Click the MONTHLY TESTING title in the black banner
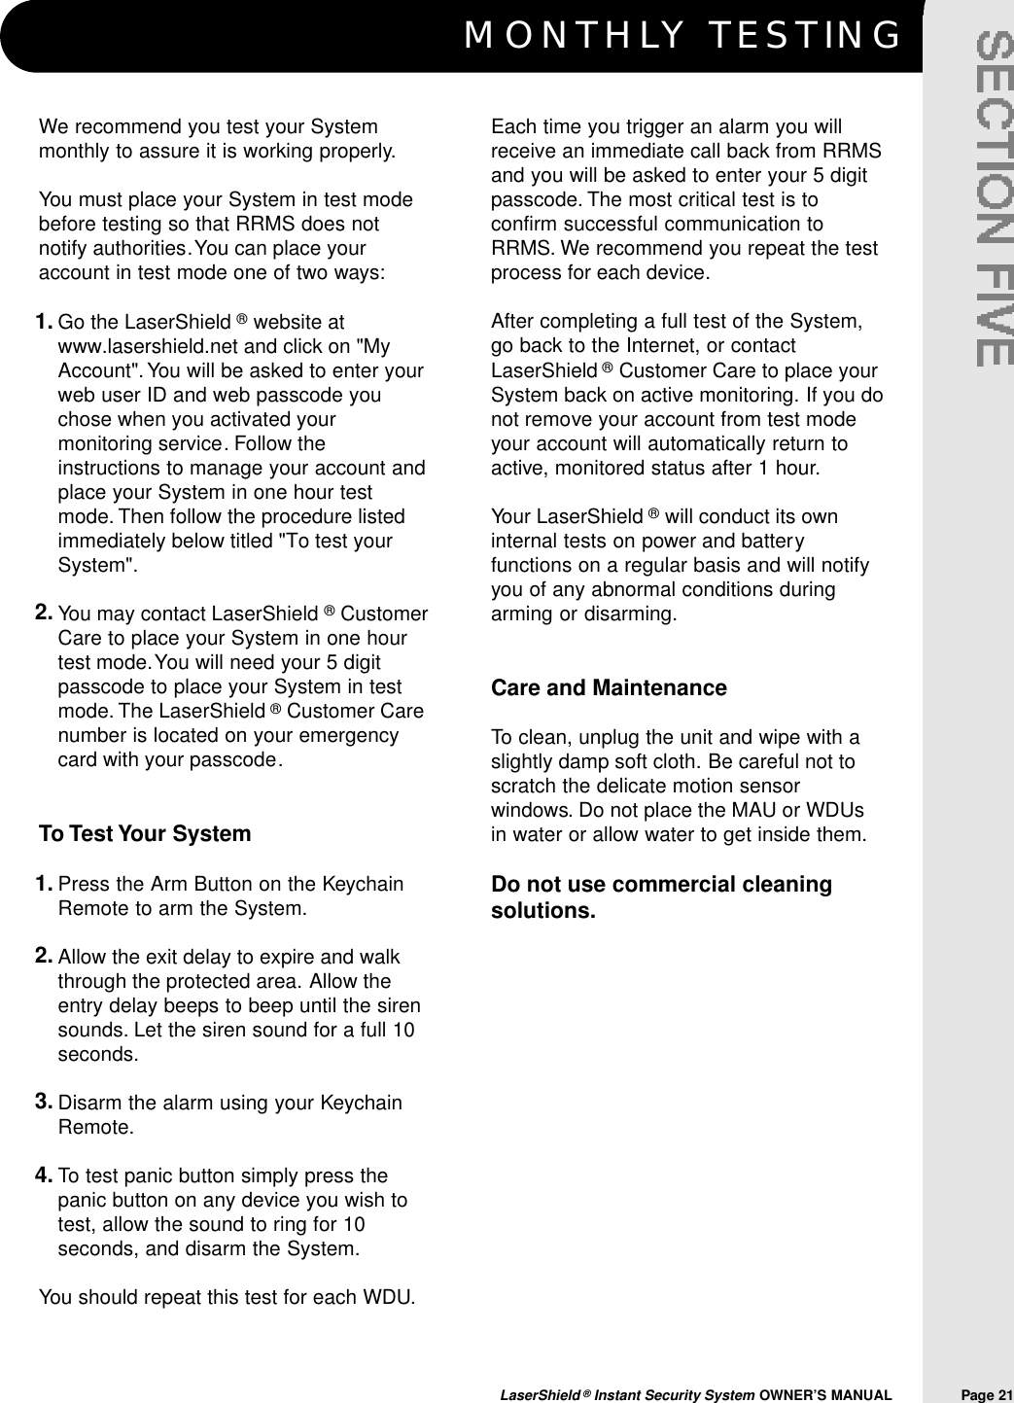tap(683, 36)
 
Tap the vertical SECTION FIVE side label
tap(994, 200)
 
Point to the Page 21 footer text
tap(987, 1395)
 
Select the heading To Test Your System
tap(145, 834)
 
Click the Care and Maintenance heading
tap(609, 688)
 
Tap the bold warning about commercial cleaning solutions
tap(661, 897)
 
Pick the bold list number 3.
tap(44, 1102)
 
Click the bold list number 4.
tap(44, 1175)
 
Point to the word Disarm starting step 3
tap(90, 1104)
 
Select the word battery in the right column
tap(769, 542)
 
